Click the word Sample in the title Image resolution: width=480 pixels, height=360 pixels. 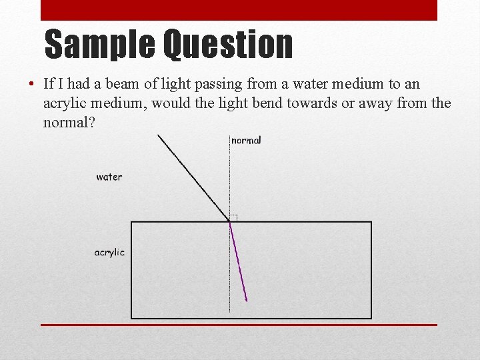point(99,45)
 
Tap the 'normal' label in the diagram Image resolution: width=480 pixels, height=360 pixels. point(246,140)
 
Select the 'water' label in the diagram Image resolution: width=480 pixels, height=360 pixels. point(109,177)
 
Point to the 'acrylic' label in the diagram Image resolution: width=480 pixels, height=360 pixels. point(109,253)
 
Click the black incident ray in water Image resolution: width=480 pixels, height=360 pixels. point(193,177)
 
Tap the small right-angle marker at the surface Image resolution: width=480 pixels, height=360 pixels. point(233,217)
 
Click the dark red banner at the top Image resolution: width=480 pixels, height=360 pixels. point(239,10)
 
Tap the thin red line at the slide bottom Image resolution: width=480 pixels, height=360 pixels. point(239,325)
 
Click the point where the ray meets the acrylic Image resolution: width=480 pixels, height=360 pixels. point(229,221)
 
